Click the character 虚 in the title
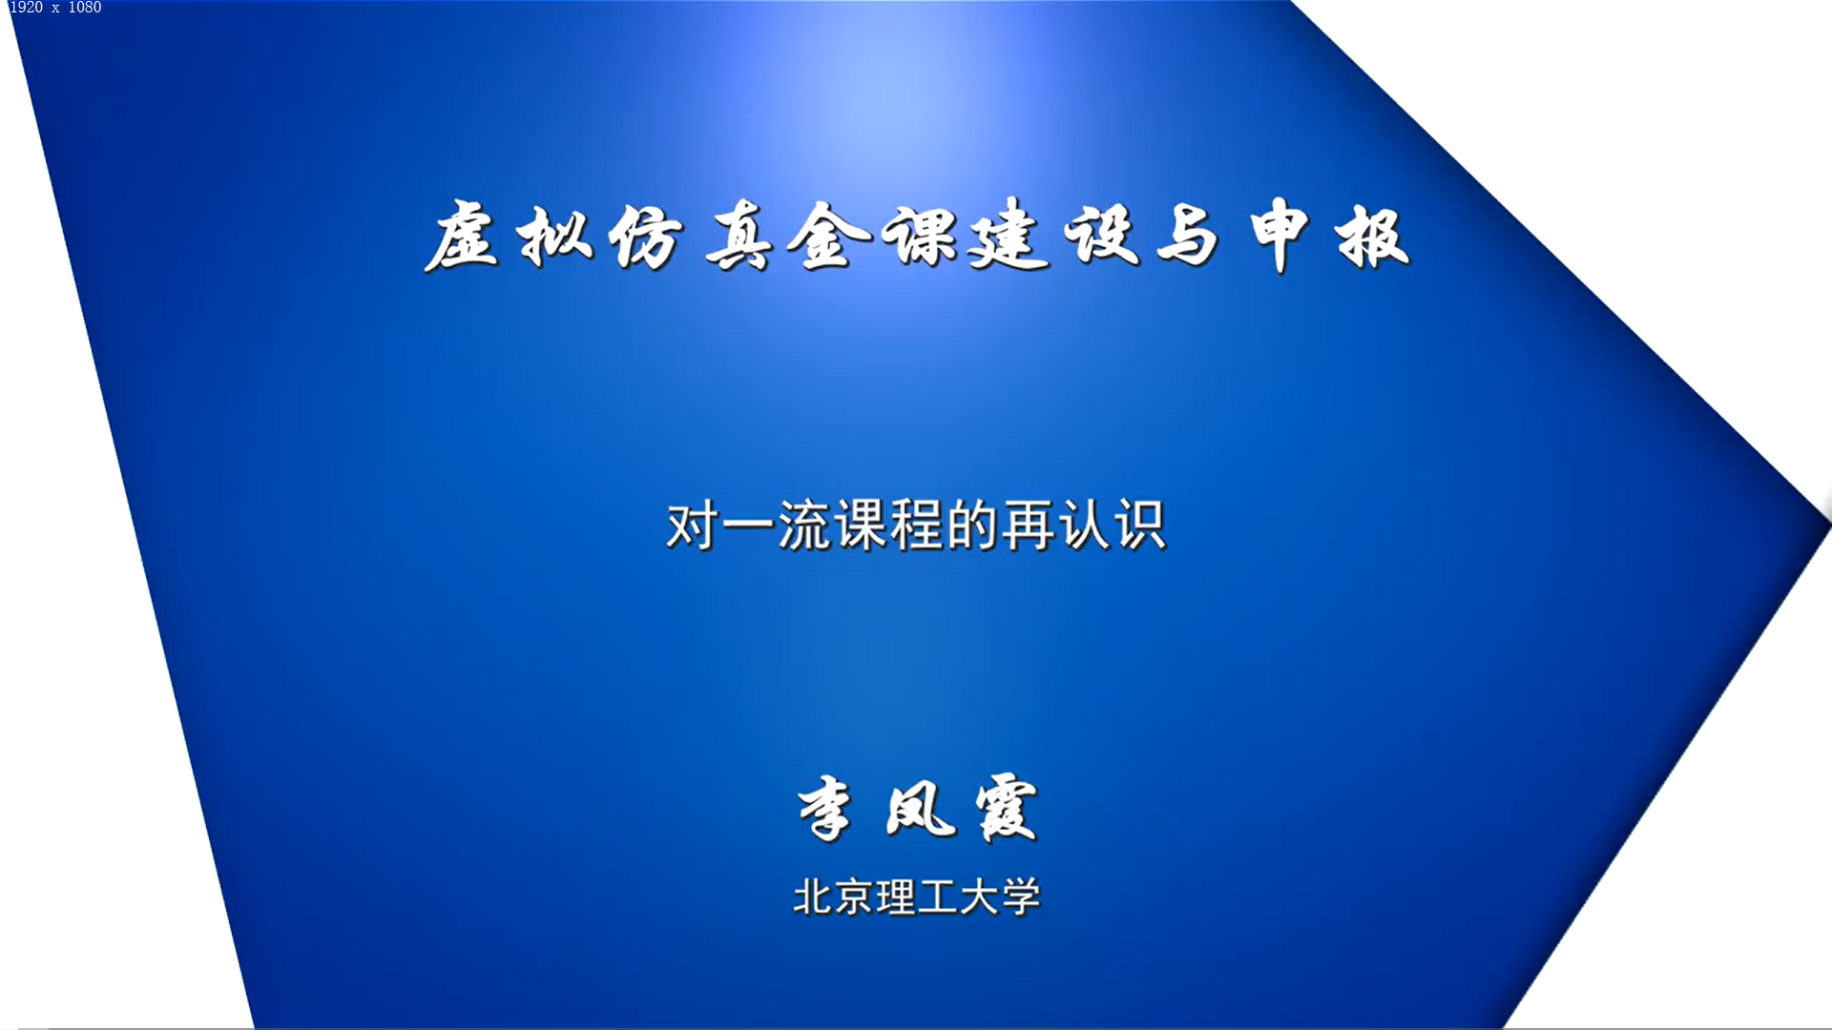tap(461, 236)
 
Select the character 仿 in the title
tap(646, 236)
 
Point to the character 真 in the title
tap(739, 236)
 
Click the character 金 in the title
tap(829, 236)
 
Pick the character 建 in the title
tap(1009, 236)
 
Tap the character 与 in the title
tap(1188, 236)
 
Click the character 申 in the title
tap(1279, 236)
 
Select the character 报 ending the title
tap(1372, 236)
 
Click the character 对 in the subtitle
tap(693, 525)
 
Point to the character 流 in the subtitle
tap(804, 525)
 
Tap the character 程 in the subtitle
tap(916, 525)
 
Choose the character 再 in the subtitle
tap(1028, 525)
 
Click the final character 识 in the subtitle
tap(1140, 525)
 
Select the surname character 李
tap(825, 809)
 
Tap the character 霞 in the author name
tap(1007, 809)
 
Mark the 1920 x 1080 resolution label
tap(55, 8)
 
